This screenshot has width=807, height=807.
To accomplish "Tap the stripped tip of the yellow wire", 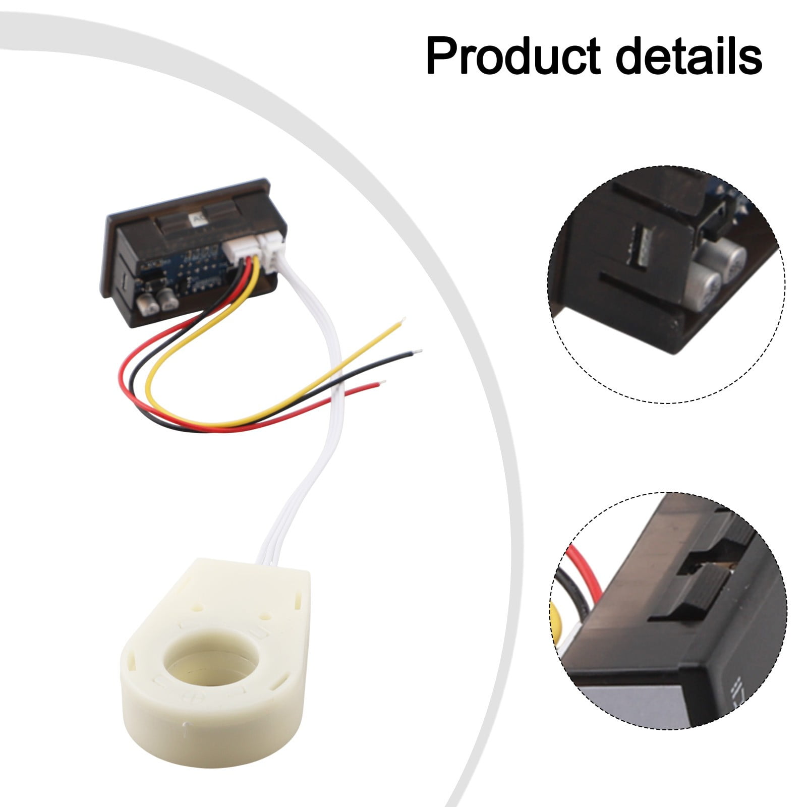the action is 402,320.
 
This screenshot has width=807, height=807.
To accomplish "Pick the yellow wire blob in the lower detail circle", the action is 559,622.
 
